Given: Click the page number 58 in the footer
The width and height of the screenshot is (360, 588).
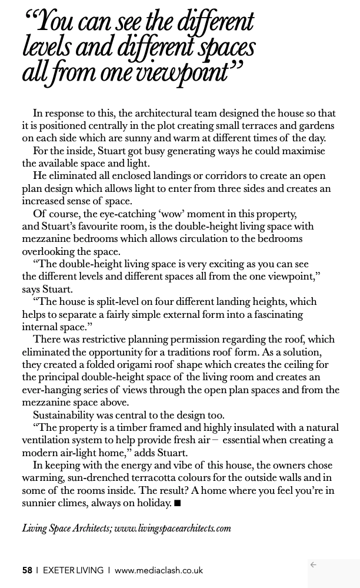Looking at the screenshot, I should click(x=27, y=570).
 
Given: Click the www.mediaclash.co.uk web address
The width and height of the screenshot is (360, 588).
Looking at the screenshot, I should click(x=159, y=570).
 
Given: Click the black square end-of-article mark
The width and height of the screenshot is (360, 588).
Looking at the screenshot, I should click(x=178, y=503).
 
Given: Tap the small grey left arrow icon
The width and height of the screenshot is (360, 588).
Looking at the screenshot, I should click(x=313, y=565).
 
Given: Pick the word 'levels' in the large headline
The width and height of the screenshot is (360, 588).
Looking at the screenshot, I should click(x=46, y=48).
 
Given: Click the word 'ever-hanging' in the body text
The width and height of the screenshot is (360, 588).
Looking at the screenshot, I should click(x=52, y=390).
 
